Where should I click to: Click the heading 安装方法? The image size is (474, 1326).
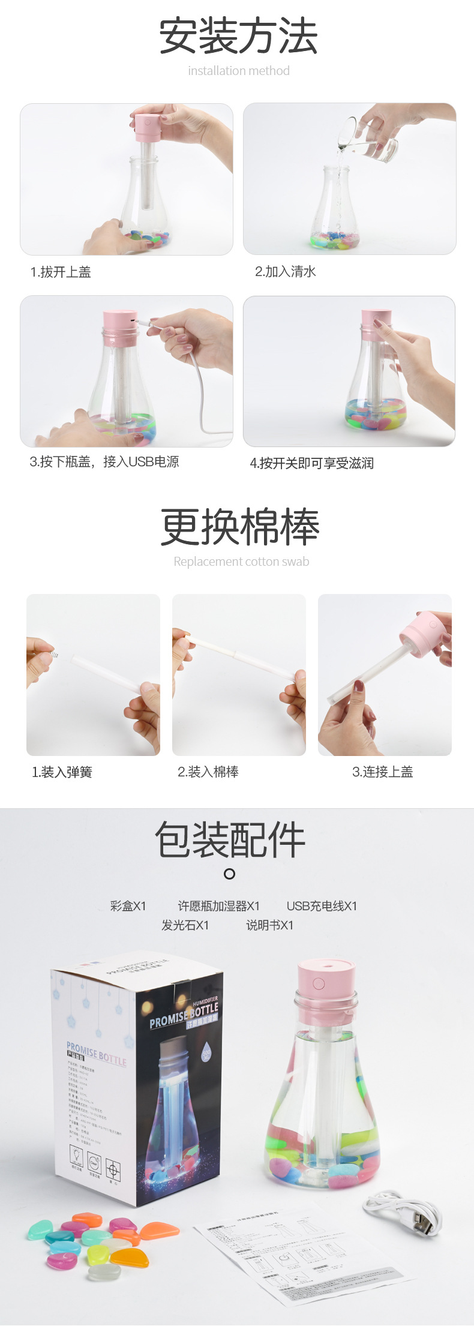pyautogui.click(x=238, y=36)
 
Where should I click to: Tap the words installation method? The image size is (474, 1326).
pyautogui.click(x=238, y=71)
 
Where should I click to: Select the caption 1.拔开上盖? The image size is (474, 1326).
pyautogui.click(x=61, y=272)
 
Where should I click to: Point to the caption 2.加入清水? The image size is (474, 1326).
pyautogui.click(x=285, y=271)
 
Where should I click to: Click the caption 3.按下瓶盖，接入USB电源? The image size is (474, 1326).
pyautogui.click(x=104, y=461)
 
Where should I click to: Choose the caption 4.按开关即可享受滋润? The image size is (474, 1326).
pyautogui.click(x=311, y=463)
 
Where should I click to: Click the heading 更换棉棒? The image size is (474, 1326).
pyautogui.click(x=239, y=527)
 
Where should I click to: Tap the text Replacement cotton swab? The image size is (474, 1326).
pyautogui.click(x=241, y=562)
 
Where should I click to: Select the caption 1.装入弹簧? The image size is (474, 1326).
pyautogui.click(x=62, y=772)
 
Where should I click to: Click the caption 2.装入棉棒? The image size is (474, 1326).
pyautogui.click(x=208, y=772)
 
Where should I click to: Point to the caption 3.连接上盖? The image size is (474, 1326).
pyautogui.click(x=382, y=772)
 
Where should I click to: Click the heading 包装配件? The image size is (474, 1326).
pyautogui.click(x=230, y=839)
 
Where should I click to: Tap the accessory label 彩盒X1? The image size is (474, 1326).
pyautogui.click(x=128, y=905)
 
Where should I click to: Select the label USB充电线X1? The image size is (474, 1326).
pyautogui.click(x=322, y=905)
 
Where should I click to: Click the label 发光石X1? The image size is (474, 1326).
pyautogui.click(x=185, y=925)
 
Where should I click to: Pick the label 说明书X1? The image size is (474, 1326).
pyautogui.click(x=269, y=925)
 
